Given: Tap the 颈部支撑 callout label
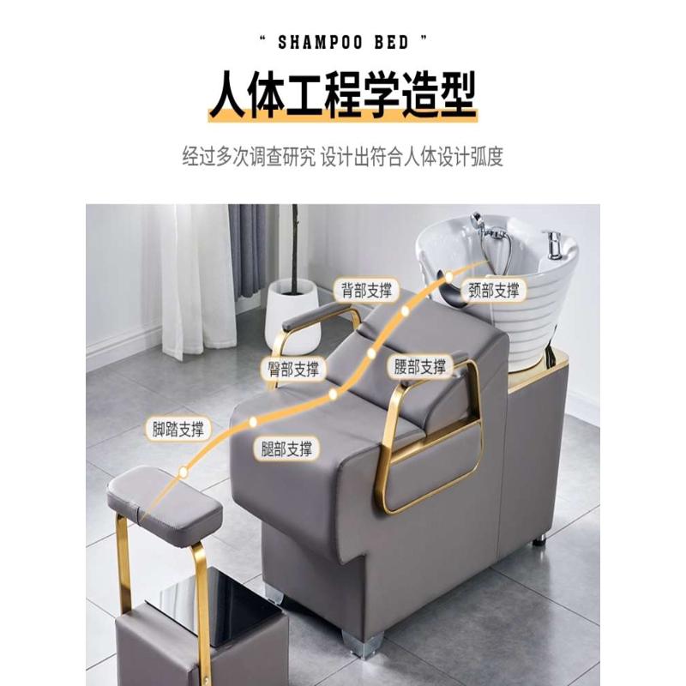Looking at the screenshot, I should pyautogui.click(x=494, y=290).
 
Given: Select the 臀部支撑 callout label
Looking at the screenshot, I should pyautogui.click(x=292, y=369).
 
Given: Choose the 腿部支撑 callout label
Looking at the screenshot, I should pyautogui.click(x=286, y=448).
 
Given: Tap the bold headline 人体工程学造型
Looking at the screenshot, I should pyautogui.click(x=342, y=95).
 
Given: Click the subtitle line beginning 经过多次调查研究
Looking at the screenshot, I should pyautogui.click(x=342, y=158).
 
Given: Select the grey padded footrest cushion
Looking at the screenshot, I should pyautogui.click(x=163, y=499).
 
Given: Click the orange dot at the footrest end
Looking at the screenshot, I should pyautogui.click(x=183, y=472).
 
